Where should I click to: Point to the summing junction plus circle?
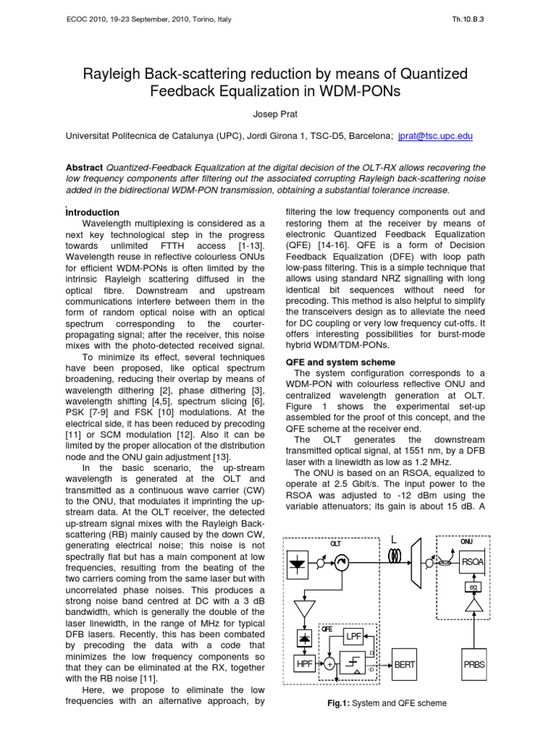(x=329, y=665)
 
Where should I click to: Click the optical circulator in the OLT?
(x=341, y=563)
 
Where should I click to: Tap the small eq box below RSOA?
(x=473, y=587)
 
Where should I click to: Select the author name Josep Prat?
(x=275, y=114)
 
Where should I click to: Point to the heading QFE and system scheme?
(x=340, y=363)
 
